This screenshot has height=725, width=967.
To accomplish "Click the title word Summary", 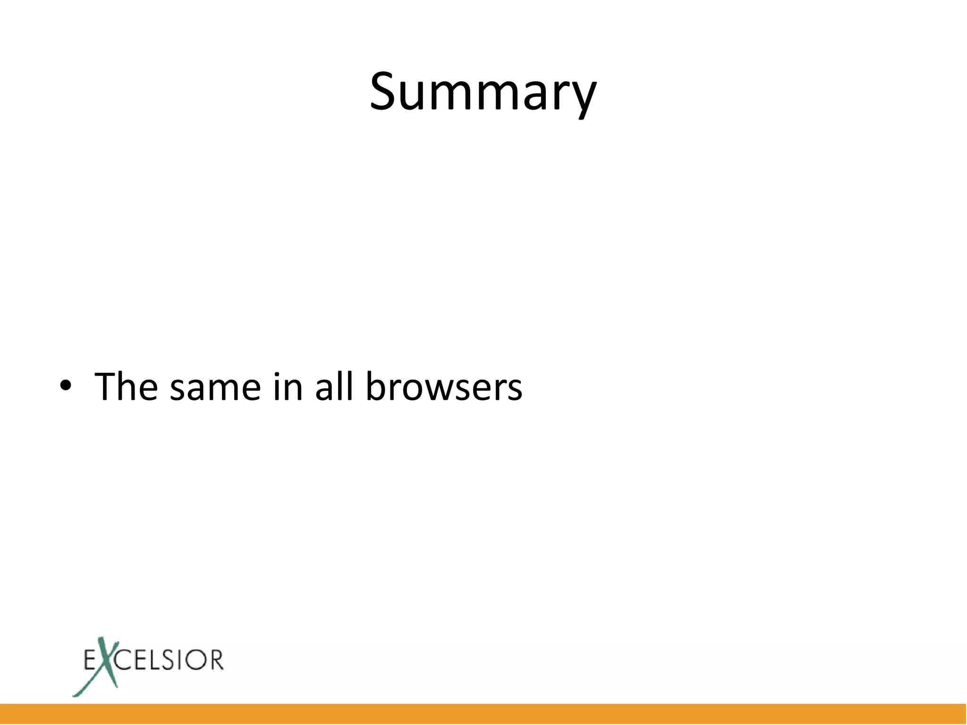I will pyautogui.click(x=483, y=92).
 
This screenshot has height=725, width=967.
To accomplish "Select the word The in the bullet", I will pyautogui.click(x=126, y=387).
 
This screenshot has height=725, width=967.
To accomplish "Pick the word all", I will pyautogui.click(x=334, y=387).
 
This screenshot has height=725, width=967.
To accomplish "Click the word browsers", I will pyautogui.click(x=444, y=387).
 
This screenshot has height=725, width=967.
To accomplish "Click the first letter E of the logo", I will pyautogui.click(x=90, y=660).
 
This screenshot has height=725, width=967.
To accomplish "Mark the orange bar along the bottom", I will pyautogui.click(x=483, y=714).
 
